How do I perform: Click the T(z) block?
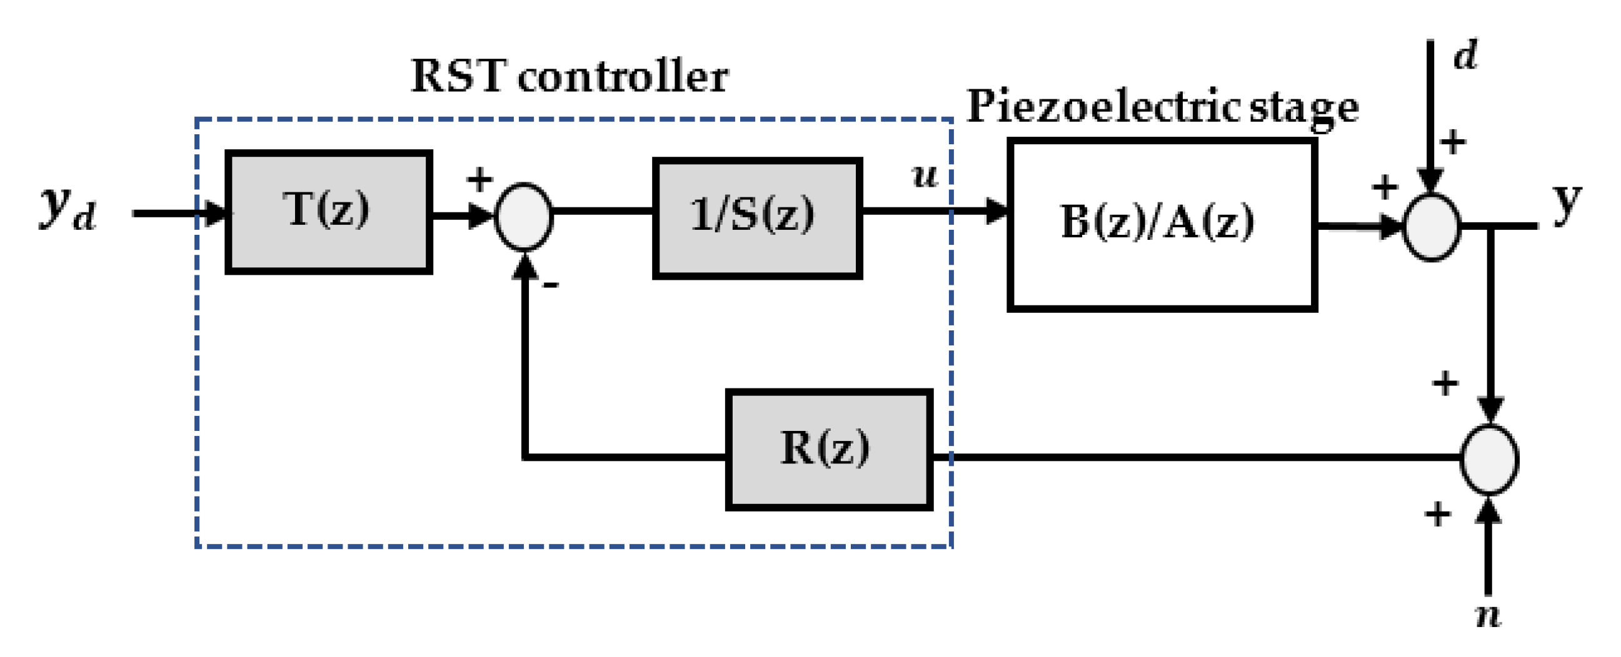click(328, 212)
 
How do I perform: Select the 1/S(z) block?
click(757, 217)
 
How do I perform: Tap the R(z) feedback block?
click(829, 449)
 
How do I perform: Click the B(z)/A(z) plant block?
click(1162, 224)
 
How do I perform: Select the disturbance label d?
click(1465, 56)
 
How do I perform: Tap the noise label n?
click(1488, 615)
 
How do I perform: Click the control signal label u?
click(925, 175)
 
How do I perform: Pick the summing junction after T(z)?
click(523, 216)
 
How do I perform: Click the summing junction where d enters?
click(1432, 227)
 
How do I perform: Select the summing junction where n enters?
click(1489, 459)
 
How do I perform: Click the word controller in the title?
click(623, 77)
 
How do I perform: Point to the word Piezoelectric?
click(1104, 106)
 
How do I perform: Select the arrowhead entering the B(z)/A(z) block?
click(997, 210)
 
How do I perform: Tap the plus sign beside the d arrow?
click(1453, 142)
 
